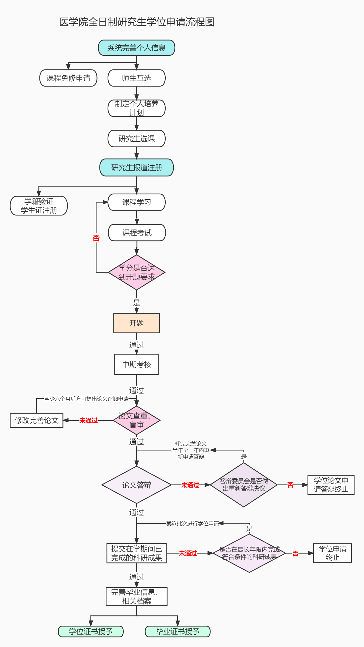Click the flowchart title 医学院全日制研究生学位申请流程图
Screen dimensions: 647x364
(137, 22)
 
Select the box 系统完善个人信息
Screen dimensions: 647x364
(136, 48)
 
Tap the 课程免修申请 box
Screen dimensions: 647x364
(68, 78)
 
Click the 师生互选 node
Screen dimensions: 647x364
(136, 78)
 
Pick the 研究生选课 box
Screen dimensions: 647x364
(136, 139)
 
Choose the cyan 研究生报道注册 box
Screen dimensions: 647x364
(136, 168)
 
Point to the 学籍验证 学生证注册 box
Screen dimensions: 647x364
(39, 206)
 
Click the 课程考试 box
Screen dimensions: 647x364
(137, 233)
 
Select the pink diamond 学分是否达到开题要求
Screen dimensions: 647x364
(136, 272)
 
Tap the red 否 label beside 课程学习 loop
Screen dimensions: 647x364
(96, 238)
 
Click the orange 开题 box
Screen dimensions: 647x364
(136, 323)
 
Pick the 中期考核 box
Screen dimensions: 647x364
(136, 364)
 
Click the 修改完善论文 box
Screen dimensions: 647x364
(36, 420)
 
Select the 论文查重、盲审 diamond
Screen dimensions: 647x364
(136, 420)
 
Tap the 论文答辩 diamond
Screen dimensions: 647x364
(136, 485)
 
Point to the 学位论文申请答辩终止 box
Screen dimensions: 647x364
(331, 485)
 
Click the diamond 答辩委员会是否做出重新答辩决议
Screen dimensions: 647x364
(244, 485)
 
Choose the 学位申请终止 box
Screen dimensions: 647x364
(332, 553)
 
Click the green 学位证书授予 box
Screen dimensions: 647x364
(91, 632)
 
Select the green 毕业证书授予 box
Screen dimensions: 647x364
(178, 632)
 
